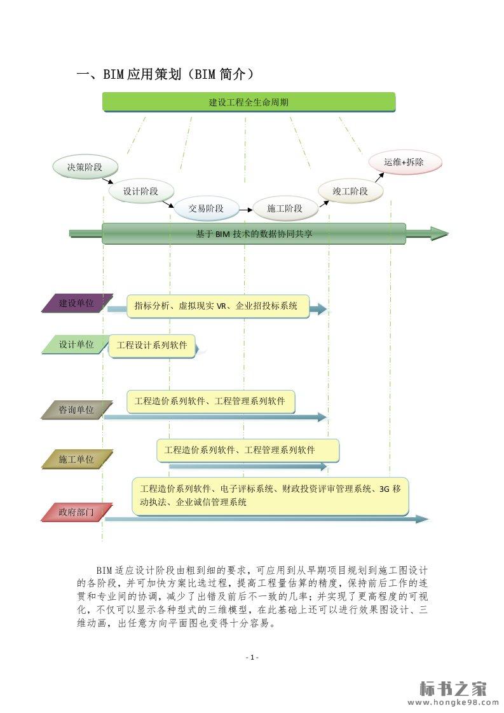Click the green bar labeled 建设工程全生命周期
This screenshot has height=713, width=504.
(249, 102)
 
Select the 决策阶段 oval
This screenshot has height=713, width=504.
(85, 167)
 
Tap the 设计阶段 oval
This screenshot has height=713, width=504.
(140, 191)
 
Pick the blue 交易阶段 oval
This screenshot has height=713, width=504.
(206, 208)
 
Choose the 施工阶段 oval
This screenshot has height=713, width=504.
(284, 208)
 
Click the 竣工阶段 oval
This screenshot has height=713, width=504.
(350, 191)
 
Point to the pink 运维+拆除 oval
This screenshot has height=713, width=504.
(404, 162)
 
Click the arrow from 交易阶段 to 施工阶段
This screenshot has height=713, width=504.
(245, 208)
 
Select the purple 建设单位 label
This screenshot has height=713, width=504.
(77, 303)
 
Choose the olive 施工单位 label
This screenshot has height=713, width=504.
(77, 459)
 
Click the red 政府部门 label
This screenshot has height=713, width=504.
(77, 512)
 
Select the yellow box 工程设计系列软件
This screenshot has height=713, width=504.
(152, 346)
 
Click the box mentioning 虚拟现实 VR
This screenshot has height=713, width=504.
(217, 306)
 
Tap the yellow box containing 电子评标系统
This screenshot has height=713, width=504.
(269, 496)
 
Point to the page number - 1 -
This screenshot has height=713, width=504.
(252, 657)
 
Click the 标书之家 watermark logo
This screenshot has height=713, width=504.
(453, 689)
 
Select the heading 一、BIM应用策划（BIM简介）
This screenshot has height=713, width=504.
(166, 74)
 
